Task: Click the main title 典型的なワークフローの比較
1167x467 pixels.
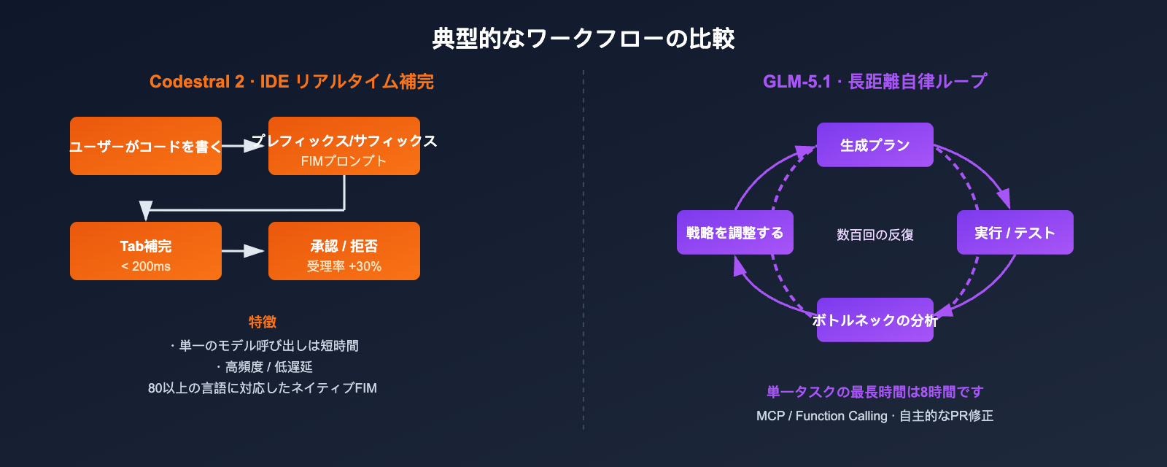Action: [x=583, y=38]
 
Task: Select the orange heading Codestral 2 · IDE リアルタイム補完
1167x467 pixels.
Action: [x=291, y=81]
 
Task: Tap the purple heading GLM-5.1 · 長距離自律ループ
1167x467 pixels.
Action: [x=875, y=81]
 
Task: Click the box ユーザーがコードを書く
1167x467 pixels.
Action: [x=145, y=146]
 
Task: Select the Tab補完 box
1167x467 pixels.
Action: [x=145, y=251]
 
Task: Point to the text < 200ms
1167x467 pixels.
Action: [x=145, y=266]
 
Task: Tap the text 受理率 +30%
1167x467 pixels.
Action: [x=344, y=266]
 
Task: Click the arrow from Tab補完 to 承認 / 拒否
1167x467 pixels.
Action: [x=244, y=251]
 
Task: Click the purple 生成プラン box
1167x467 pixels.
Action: [x=875, y=145]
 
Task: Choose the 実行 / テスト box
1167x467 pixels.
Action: [x=1015, y=233]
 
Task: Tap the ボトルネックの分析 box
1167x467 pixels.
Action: [x=875, y=320]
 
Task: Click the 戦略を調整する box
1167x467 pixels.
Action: [x=734, y=233]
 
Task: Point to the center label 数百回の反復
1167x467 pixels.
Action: [x=875, y=235]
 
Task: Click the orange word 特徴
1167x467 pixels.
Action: [x=262, y=322]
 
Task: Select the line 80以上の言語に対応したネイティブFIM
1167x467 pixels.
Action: [x=262, y=388]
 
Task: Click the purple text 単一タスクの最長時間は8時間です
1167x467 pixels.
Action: [x=875, y=392]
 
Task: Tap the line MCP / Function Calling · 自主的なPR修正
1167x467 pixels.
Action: [x=875, y=416]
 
